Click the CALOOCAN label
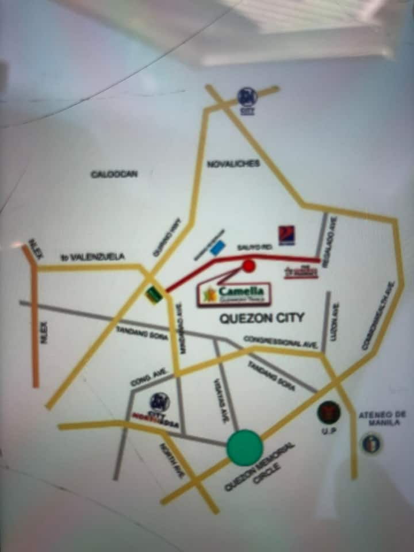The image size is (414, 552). [114, 174]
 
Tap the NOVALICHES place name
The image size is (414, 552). [233, 164]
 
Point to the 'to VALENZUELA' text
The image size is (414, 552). [93, 257]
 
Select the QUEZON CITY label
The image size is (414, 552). [262, 317]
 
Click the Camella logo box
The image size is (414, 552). [234, 294]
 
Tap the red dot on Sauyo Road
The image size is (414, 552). [248, 266]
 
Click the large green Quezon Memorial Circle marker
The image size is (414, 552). [244, 447]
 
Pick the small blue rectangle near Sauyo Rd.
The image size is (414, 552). [217, 248]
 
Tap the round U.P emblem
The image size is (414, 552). [328, 412]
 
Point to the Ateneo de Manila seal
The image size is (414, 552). [371, 443]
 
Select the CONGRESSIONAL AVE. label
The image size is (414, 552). [281, 342]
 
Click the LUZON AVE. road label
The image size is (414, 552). [335, 322]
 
